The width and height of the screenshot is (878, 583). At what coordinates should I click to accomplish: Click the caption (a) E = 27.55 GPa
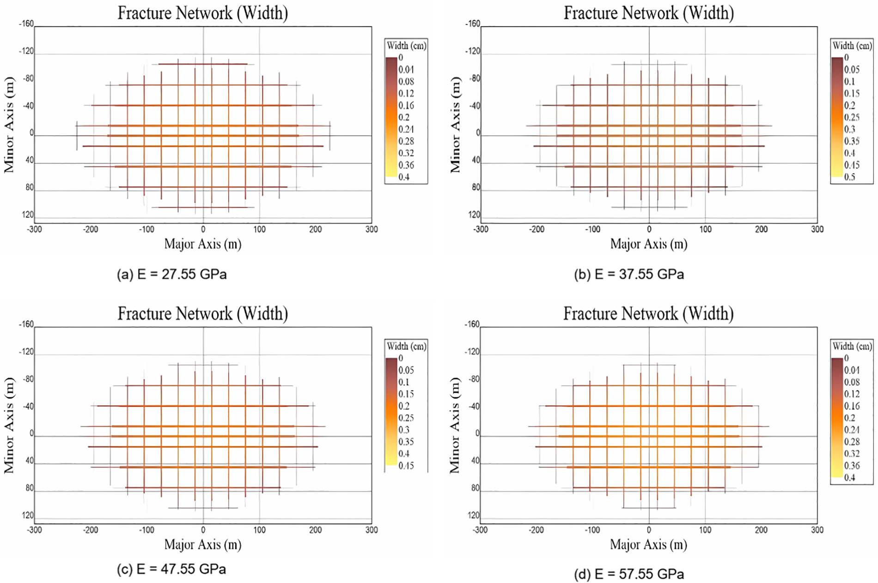pos(171,274)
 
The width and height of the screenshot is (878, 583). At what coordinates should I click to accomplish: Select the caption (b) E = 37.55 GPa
pos(628,274)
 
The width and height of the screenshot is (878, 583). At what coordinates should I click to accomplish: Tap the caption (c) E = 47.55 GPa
pos(171,569)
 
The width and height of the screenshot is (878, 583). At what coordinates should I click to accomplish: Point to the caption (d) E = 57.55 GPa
pos(628,574)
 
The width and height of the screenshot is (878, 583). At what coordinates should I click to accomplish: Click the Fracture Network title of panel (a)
pos(202,13)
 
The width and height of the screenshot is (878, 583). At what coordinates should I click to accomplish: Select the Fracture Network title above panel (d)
pos(648,314)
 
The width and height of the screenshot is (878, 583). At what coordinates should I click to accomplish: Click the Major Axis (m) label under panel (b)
pos(648,244)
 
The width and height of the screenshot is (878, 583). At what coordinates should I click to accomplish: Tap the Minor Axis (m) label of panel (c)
pos(8,425)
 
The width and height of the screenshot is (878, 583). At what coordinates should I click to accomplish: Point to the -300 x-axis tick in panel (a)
pos(35,229)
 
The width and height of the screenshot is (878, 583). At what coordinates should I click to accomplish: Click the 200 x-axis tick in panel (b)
pos(761,229)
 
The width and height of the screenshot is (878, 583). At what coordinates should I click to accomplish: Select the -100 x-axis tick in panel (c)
pos(146,530)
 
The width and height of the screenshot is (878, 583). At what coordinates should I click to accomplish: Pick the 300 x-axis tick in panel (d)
pos(817,530)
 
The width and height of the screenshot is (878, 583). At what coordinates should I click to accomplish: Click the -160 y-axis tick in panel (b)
pos(473,24)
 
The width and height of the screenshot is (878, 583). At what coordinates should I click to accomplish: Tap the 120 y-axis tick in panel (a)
pos(28,215)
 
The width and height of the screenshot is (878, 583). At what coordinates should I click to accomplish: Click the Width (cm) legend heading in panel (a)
pos(406,46)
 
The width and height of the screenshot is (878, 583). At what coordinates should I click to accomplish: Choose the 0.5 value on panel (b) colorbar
pos(849,177)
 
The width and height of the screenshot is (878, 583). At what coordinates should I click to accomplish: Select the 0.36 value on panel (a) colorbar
pos(406,165)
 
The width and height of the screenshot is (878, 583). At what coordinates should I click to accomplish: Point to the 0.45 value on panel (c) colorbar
pos(406,466)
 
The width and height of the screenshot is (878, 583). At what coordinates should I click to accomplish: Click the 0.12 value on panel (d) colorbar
pos(852,394)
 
